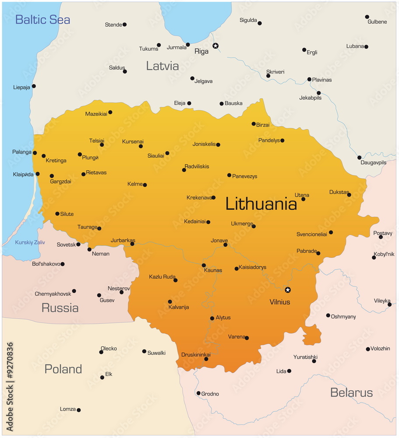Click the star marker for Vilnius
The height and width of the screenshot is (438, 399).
click(287, 290)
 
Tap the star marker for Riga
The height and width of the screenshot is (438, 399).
click(215, 46)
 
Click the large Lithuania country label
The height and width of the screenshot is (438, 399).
click(261, 204)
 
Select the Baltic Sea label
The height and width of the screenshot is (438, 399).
click(42, 20)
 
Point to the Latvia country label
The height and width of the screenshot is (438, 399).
click(162, 66)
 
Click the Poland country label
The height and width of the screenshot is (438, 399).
click(63, 369)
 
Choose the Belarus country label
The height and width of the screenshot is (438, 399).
click(351, 392)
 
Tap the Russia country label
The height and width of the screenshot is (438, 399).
click(60, 308)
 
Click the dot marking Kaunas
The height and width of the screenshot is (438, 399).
click(204, 265)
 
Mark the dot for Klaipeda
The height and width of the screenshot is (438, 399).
click(38, 174)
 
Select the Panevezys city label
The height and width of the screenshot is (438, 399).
click(244, 177)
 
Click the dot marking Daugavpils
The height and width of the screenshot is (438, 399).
click(359, 158)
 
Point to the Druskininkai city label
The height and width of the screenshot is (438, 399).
click(196, 354)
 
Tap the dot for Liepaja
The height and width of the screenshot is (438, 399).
click(34, 86)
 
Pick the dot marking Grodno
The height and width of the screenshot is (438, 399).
click(198, 393)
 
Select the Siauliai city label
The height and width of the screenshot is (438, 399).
click(156, 155)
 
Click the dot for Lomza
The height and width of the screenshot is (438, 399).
click(79, 410)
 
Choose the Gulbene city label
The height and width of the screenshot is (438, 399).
click(377, 22)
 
